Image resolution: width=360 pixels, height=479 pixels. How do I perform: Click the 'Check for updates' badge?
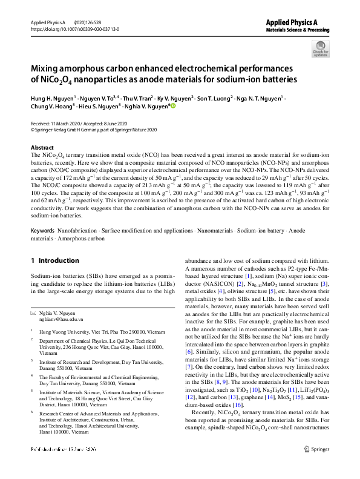[320, 48]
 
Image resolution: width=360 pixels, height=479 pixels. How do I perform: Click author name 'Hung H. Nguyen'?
[53, 97]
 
